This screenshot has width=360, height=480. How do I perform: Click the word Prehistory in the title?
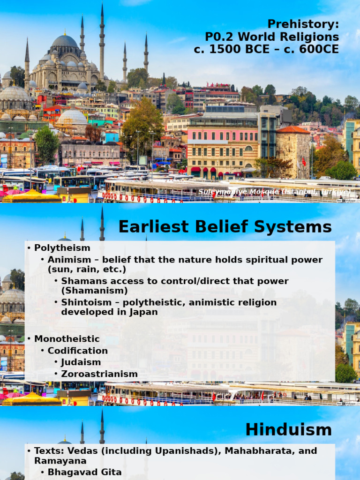click(303, 24)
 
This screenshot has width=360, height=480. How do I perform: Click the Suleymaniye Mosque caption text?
click(274, 192)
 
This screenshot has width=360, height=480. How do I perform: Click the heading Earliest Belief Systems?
click(225, 227)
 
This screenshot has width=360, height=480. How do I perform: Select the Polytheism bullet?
click(62, 247)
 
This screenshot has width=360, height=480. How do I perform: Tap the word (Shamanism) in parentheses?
click(88, 291)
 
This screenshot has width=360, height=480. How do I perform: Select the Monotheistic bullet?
click(67, 338)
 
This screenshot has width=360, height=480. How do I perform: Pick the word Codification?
click(77, 351)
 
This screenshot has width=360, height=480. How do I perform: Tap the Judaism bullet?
click(81, 362)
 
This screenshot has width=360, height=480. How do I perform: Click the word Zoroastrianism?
click(99, 374)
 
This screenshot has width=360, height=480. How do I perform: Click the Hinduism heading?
click(288, 429)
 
